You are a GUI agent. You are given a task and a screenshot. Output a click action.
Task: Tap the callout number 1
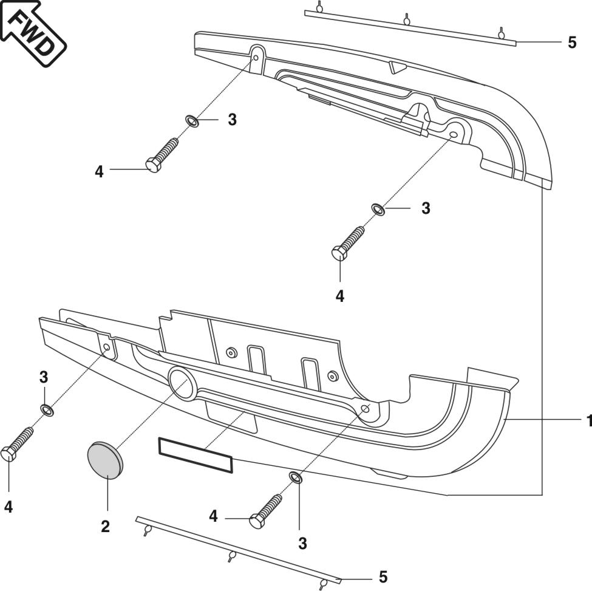pos(587,421)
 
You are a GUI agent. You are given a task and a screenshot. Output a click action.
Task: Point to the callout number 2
pos(105,526)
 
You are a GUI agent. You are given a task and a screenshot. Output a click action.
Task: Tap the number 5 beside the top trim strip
pos(572,43)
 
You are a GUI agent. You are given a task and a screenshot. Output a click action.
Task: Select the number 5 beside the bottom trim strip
pos(383,576)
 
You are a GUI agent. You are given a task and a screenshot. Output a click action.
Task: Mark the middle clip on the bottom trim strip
pos(231,556)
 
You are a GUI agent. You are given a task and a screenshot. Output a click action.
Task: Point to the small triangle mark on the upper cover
pos(397,66)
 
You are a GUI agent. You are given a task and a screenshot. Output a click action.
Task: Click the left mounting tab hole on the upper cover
pos(256,58)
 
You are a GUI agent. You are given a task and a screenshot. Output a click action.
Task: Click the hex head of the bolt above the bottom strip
pos(257,521)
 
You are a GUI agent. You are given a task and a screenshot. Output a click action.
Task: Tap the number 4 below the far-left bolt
pos(9,507)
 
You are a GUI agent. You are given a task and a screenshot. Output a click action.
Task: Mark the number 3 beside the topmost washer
pos(232,120)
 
